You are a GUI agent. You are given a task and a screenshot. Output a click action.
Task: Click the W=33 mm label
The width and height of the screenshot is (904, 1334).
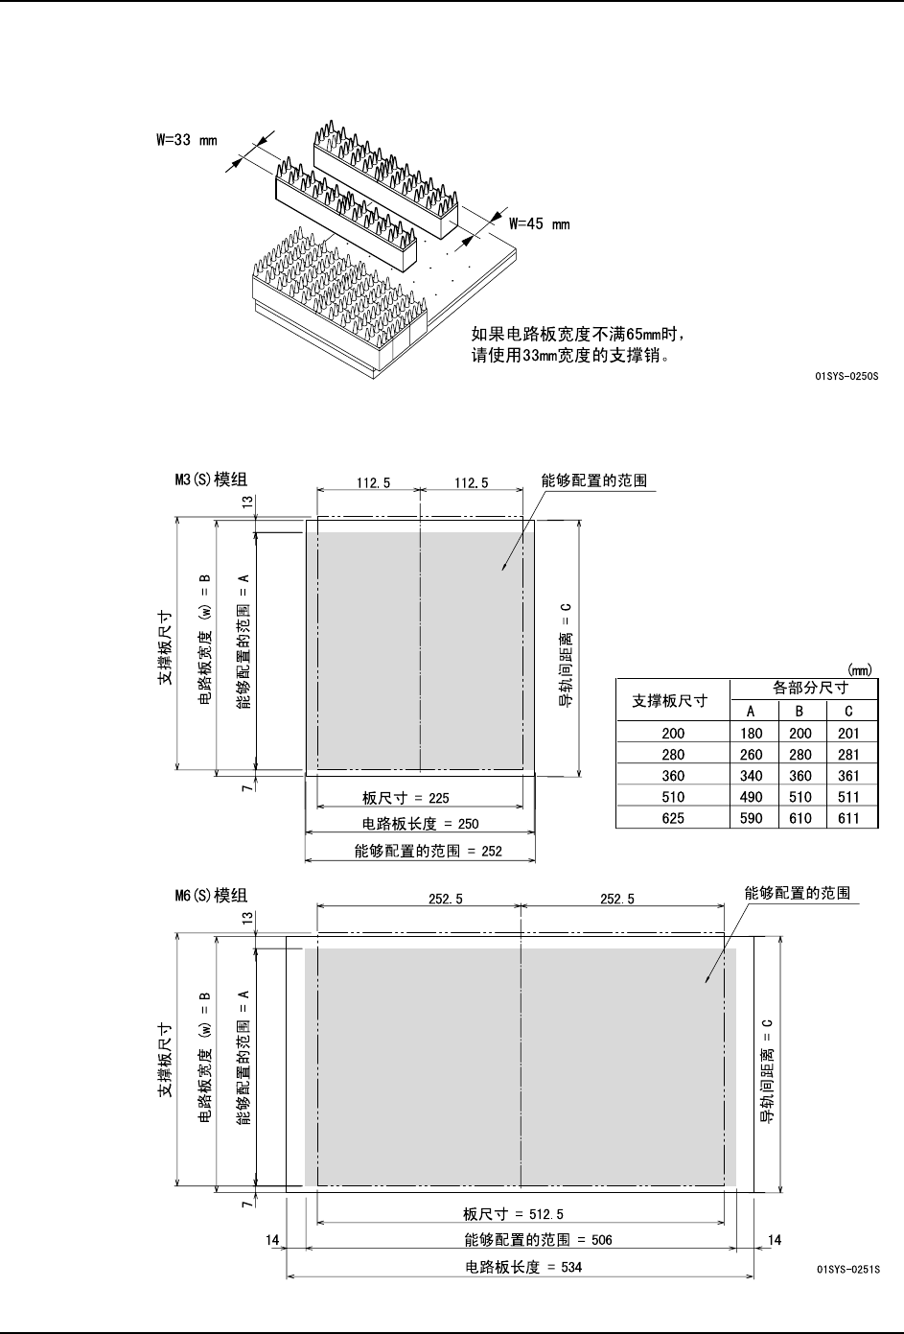point(187,140)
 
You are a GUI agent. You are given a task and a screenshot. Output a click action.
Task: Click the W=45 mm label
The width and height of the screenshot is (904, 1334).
point(539,224)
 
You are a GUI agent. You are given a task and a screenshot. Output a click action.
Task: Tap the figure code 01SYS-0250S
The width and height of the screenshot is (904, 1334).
point(846,377)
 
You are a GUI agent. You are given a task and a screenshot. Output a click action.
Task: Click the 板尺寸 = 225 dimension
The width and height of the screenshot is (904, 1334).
point(406,797)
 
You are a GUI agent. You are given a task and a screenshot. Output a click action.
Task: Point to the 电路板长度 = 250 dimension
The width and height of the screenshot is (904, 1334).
point(420,823)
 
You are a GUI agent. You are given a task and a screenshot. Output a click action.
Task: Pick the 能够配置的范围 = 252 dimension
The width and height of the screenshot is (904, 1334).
point(428,850)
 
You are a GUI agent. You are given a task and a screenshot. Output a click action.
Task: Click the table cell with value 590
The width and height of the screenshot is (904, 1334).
point(752,818)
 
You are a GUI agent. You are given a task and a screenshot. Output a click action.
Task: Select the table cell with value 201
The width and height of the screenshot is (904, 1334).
point(848,734)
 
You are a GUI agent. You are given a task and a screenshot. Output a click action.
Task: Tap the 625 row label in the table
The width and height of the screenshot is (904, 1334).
point(673,818)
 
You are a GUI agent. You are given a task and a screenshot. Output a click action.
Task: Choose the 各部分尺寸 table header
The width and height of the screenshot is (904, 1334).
point(811,689)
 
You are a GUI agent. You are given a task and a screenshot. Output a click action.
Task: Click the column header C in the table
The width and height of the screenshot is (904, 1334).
point(848,711)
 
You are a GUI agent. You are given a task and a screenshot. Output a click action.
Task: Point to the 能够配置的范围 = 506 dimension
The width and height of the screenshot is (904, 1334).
point(538,1240)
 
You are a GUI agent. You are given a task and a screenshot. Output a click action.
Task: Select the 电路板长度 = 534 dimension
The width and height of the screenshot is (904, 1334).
point(523,1267)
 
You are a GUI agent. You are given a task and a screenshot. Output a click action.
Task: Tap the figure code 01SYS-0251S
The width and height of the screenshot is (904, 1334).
point(846,1268)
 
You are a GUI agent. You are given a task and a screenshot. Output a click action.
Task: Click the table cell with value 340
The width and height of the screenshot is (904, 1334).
point(752,776)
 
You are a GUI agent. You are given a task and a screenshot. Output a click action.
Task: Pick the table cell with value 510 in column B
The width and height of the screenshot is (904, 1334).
point(800,797)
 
